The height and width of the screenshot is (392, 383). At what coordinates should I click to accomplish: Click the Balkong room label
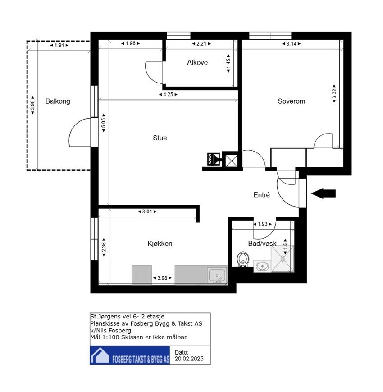(x=58, y=101)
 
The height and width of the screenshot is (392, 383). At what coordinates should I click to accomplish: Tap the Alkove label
(x=197, y=63)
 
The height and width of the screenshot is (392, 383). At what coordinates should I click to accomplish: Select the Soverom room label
(x=292, y=101)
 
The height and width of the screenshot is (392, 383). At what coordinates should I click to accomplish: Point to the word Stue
(x=160, y=138)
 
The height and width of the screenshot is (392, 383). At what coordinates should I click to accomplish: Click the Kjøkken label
(x=160, y=244)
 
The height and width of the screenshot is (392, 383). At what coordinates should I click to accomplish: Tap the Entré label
(x=261, y=195)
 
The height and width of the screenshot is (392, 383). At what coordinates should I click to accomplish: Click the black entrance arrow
(x=324, y=194)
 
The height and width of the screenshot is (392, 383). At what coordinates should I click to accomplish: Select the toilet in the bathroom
(x=242, y=259)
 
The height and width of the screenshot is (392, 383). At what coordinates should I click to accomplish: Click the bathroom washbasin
(x=262, y=266)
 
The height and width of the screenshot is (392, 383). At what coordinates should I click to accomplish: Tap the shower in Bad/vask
(x=283, y=259)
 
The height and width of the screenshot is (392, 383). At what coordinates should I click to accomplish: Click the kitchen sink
(x=217, y=275)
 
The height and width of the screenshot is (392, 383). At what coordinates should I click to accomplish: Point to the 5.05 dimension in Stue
(x=104, y=123)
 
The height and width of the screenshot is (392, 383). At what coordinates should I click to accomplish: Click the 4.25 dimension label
(x=168, y=94)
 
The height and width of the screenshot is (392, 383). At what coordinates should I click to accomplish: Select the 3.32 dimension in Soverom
(x=334, y=94)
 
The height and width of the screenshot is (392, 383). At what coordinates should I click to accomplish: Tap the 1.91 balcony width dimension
(x=59, y=45)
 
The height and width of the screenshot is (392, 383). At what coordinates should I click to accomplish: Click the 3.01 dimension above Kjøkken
(x=147, y=212)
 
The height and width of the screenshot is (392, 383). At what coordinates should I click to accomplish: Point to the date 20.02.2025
(x=189, y=359)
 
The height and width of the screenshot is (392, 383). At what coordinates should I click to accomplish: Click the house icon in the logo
(x=100, y=355)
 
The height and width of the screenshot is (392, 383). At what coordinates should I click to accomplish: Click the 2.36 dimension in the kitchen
(x=104, y=247)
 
